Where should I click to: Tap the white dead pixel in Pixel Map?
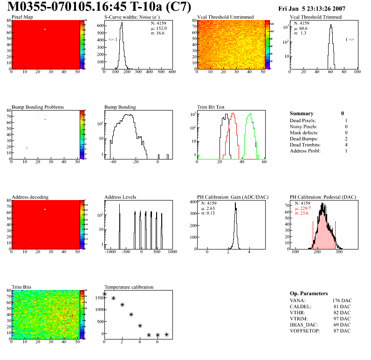coord(45,29)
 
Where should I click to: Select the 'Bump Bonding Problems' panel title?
coord(38,107)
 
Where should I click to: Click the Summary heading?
coord(302,113)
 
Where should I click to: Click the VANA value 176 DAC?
coord(342,300)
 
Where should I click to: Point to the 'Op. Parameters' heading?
coord(309,293)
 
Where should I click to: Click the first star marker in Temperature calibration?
coord(104,294)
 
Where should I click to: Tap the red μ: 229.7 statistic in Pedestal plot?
coord(303,208)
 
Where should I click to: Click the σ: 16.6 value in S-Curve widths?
coord(158,33)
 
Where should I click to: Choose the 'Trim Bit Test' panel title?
coord(211,107)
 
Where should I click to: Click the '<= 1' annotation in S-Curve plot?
coord(113,40)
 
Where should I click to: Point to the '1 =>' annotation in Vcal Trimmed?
coord(350,40)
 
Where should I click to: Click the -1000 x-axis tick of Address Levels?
coord(110,252)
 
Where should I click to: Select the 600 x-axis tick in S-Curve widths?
coord(172,72)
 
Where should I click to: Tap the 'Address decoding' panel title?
coord(30,197)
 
